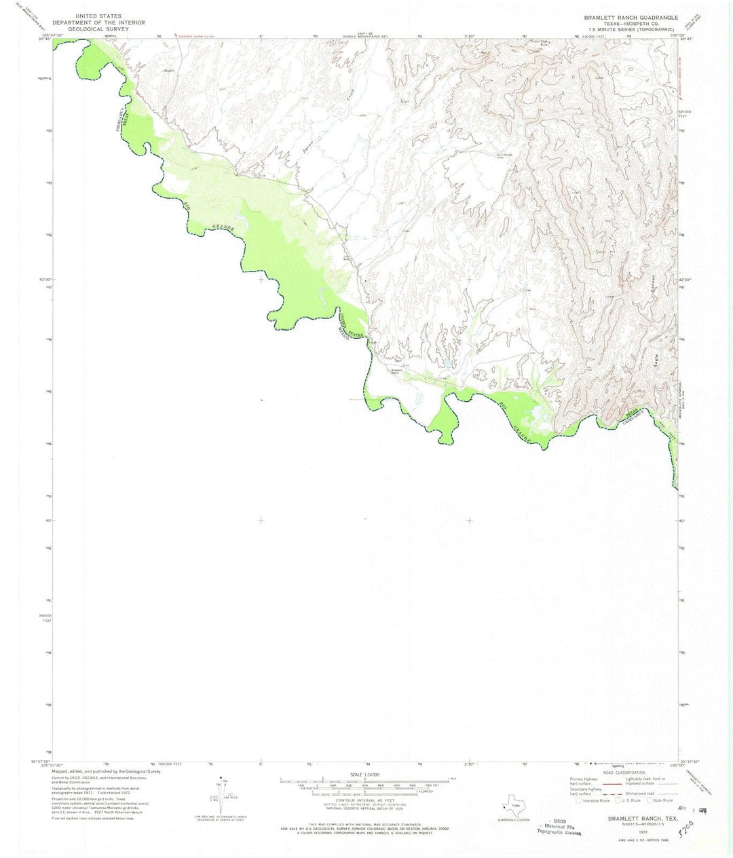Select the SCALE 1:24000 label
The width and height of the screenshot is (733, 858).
click(365, 775)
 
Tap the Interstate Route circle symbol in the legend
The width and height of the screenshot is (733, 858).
click(578, 800)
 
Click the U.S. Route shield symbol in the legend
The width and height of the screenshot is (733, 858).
click(614, 800)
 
